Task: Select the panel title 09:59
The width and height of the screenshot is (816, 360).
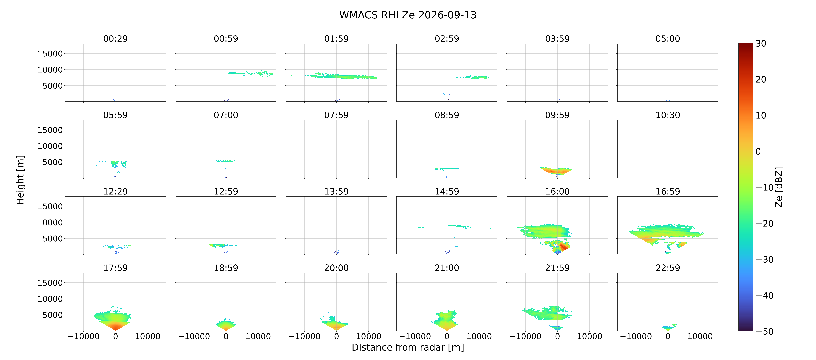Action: [557, 115]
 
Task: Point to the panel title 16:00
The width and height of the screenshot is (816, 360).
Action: [557, 191]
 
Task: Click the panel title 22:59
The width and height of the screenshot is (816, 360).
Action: [668, 268]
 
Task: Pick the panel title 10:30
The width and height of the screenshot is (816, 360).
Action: [668, 115]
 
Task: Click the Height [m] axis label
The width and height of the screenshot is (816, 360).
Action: [20, 180]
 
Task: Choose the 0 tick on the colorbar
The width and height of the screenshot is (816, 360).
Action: [758, 152]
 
